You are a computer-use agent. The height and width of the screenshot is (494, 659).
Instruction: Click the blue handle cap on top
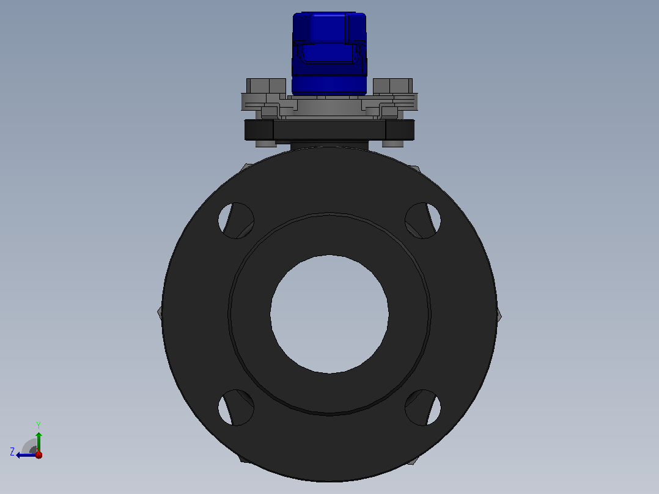click(330, 53)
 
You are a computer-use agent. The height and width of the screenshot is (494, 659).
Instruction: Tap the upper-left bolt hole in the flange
click(236, 221)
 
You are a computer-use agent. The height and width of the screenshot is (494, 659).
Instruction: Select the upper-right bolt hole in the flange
click(423, 221)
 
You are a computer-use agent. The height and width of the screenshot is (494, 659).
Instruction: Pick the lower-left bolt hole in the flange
click(236, 407)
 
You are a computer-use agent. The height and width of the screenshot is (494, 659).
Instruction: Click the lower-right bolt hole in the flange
click(423, 407)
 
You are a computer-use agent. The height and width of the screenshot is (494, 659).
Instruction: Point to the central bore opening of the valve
click(330, 314)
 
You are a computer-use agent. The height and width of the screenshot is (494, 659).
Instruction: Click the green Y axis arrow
click(39, 441)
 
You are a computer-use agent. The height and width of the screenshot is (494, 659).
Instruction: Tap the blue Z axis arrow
click(26, 455)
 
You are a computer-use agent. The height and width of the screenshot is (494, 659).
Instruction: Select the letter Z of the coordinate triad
click(12, 452)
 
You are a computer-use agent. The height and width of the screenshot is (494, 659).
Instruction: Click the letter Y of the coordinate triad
click(39, 425)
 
